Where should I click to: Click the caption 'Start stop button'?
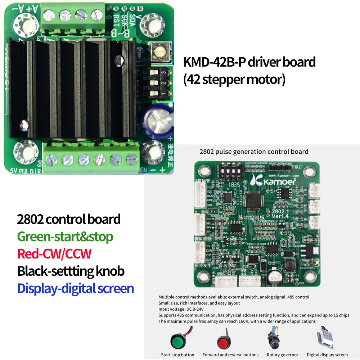[x=177, y=355]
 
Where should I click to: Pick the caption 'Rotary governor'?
[x=283, y=355]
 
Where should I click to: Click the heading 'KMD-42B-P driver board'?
[x=249, y=62]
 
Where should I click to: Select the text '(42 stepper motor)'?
[x=234, y=79]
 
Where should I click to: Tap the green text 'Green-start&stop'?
[x=65, y=237]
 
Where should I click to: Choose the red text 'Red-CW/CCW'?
[x=54, y=254]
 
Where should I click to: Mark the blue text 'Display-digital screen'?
[x=76, y=288]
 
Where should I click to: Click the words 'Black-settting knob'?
[x=71, y=271]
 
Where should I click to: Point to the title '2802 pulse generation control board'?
[x=254, y=152]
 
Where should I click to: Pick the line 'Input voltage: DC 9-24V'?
[x=181, y=309]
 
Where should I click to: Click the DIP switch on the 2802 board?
[x=229, y=171]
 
